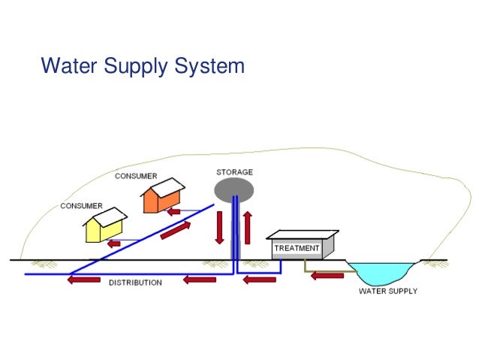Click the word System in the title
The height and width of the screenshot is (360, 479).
209,66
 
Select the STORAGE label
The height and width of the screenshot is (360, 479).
234,172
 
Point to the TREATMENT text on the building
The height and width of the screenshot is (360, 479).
297,248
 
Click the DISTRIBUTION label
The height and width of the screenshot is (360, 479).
135,283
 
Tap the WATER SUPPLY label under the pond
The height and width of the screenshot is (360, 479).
387,291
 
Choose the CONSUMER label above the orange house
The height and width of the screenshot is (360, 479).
136,176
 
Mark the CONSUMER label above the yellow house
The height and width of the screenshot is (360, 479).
82,206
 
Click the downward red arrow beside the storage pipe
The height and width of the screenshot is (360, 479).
219,228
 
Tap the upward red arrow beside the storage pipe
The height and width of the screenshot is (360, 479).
247,228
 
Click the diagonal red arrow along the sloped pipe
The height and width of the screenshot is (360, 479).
175,231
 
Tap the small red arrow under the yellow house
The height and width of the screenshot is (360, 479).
113,244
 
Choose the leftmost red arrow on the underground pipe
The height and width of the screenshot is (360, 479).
83,281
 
